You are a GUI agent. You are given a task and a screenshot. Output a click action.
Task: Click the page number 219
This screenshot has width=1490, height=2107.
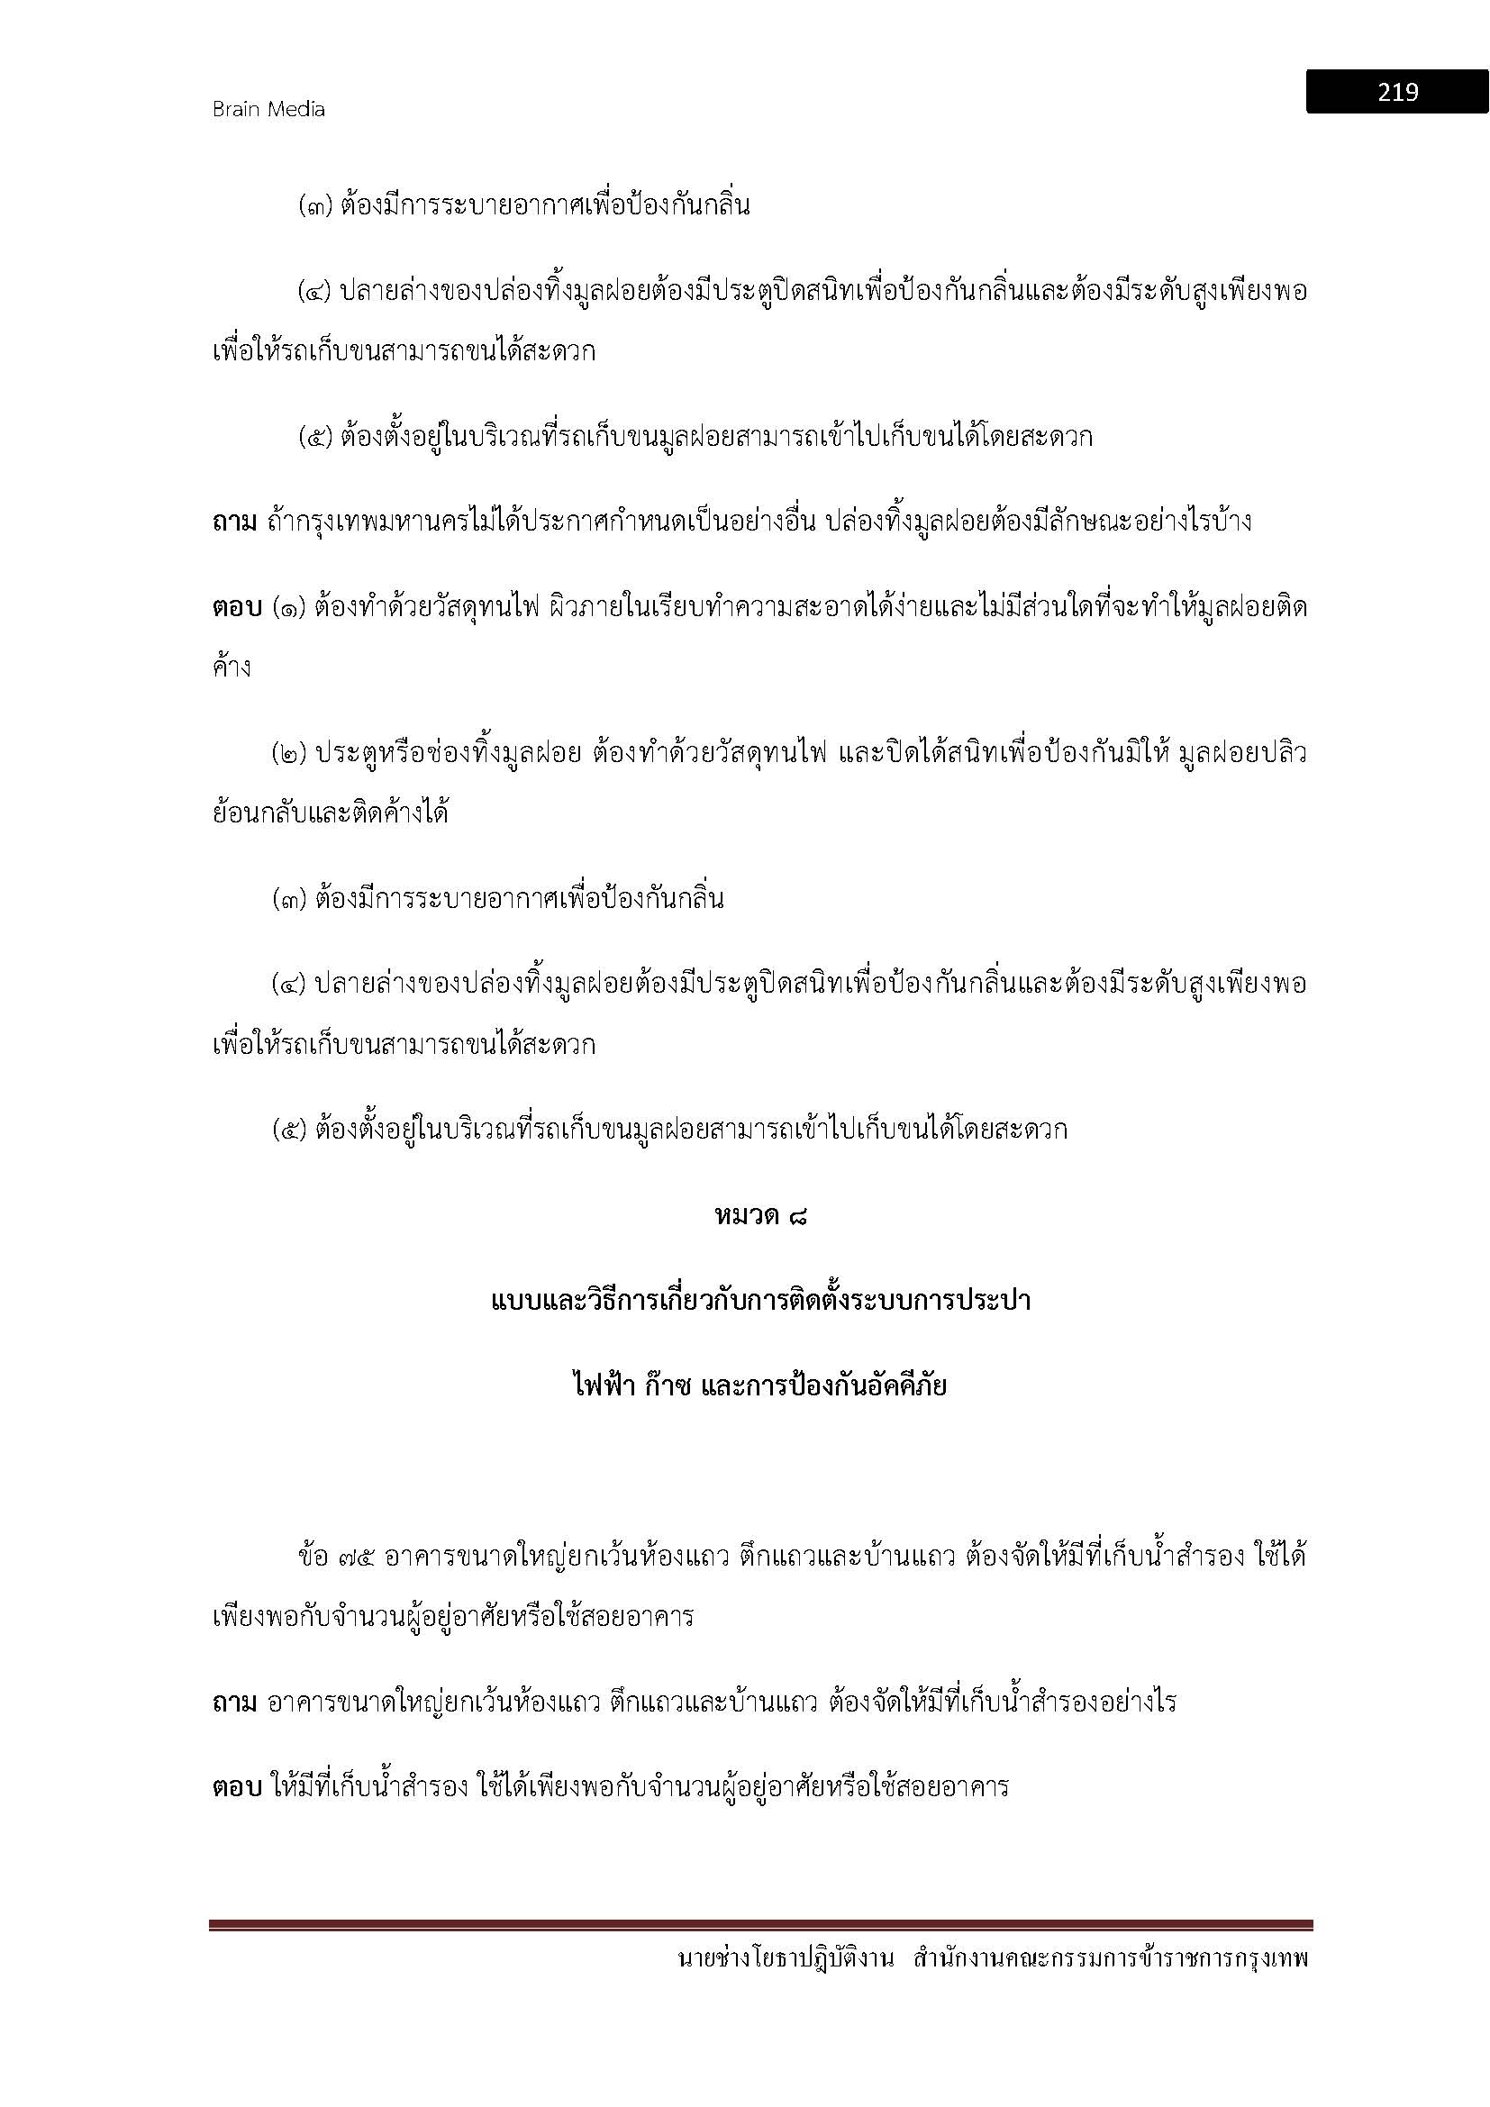coord(1396,92)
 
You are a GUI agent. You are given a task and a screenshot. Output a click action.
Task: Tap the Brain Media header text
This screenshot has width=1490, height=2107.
coord(268,109)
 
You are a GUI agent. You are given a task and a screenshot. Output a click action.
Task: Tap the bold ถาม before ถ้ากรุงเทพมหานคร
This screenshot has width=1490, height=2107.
coord(235,522)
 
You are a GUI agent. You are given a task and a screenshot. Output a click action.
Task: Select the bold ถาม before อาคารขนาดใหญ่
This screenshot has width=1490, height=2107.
coord(235,1703)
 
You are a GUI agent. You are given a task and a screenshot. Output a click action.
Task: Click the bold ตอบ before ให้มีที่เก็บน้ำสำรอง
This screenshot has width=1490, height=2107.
coord(235,1787)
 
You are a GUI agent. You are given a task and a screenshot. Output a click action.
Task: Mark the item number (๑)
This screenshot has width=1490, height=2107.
coord(290,607)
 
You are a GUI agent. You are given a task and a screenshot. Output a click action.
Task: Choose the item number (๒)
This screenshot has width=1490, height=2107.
coord(290,754)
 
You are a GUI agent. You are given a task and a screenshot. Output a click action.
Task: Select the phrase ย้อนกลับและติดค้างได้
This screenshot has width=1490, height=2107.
coord(331,813)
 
